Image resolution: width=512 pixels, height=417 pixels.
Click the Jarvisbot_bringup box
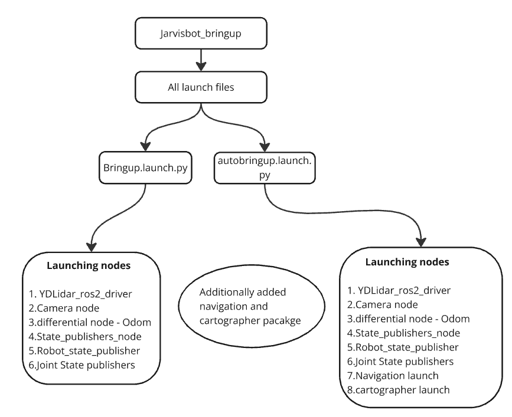pos(203,33)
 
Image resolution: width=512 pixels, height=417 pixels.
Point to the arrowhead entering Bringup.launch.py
pos(145,144)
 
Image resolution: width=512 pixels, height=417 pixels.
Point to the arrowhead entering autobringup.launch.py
pos(265,144)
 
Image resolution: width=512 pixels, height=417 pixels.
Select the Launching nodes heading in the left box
pos(89,265)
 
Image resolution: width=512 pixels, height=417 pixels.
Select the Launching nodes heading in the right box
pos(407,261)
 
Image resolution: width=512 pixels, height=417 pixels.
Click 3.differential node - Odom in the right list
pos(408,319)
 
